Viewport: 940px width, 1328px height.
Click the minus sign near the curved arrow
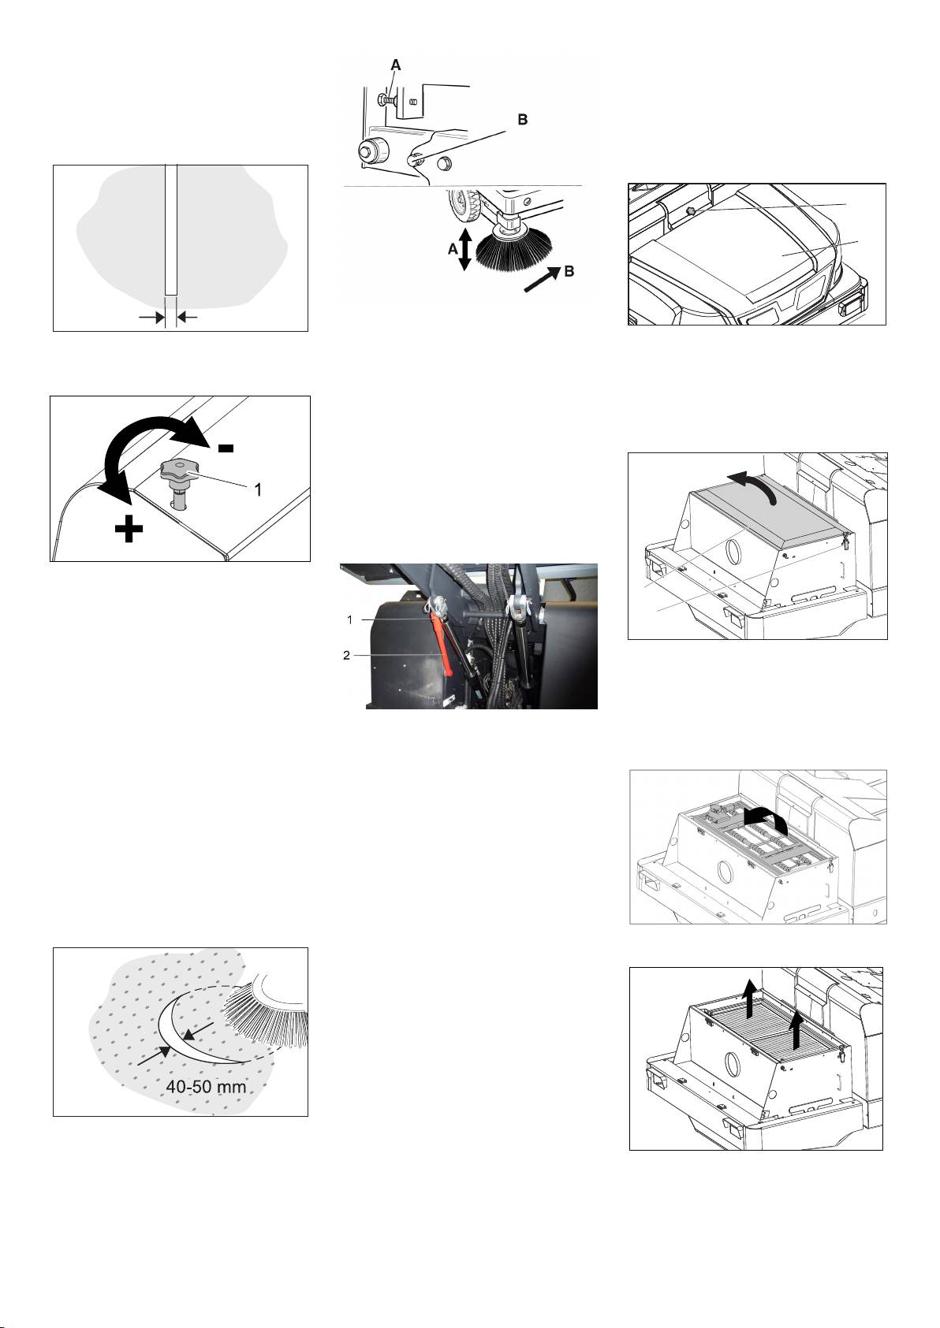click(x=226, y=448)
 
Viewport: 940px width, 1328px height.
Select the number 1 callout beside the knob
click(x=256, y=489)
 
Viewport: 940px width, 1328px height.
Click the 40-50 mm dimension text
click(x=206, y=1087)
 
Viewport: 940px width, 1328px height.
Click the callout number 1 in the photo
click(x=349, y=620)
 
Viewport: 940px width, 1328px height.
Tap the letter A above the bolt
click(x=397, y=66)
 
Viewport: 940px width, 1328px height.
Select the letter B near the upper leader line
click(x=522, y=121)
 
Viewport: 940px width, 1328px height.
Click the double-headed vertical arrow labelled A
click(x=464, y=248)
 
